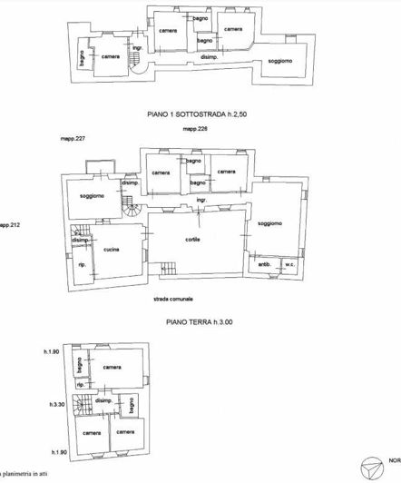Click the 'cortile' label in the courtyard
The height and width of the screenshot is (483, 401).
(191, 239)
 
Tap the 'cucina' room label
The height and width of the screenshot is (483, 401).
(112, 250)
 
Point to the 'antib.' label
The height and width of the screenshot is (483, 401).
(264, 265)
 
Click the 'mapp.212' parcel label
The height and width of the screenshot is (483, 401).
(11, 224)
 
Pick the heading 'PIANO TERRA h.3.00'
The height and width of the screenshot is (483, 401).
(200, 320)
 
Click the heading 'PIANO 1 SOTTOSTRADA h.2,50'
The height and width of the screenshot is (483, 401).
(200, 115)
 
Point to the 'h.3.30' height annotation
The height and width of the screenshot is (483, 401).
(58, 406)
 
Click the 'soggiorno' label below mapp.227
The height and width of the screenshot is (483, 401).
(92, 196)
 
